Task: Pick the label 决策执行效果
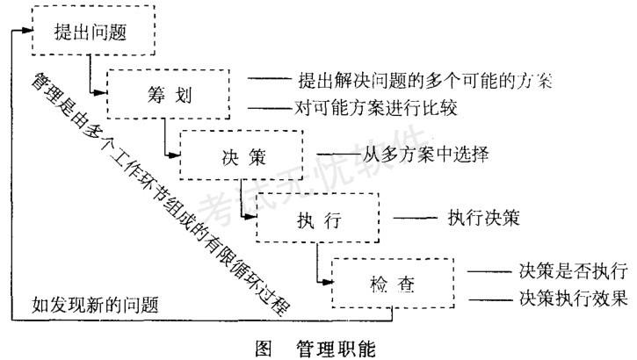570,298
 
